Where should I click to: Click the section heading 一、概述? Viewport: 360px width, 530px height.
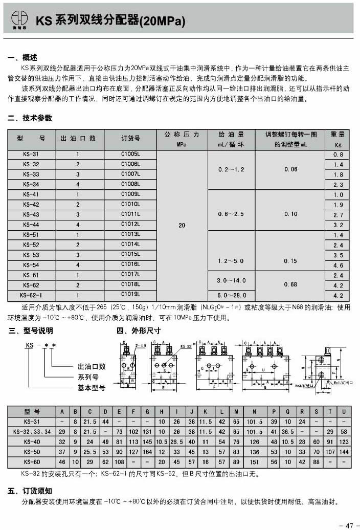[x=23, y=57]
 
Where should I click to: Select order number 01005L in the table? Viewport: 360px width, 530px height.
[x=130, y=154]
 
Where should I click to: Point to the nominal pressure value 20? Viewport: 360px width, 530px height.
[x=182, y=224]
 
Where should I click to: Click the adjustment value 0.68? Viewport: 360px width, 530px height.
[x=290, y=284]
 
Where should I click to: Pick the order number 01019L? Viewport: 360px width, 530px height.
[x=130, y=295]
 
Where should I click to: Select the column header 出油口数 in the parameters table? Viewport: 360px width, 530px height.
[x=78, y=139]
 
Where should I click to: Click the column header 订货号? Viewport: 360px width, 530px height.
[x=130, y=139]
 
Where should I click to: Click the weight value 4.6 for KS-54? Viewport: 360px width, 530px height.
[x=338, y=265]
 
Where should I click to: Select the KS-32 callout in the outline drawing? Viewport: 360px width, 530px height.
[x=186, y=346]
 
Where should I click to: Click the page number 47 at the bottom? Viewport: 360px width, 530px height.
[x=350, y=524]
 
